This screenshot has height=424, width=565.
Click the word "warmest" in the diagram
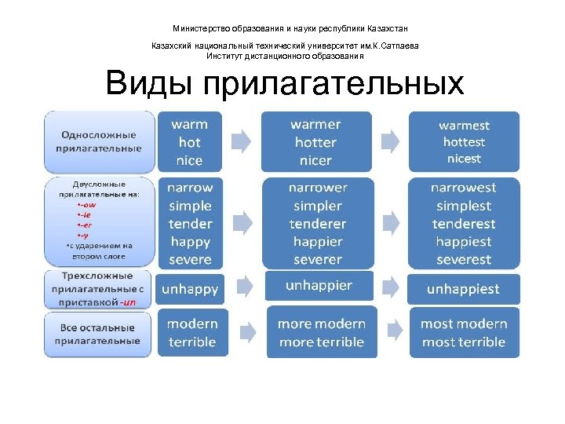tap(464, 126)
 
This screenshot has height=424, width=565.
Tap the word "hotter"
tap(315, 143)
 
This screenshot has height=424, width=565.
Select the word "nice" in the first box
tap(189, 160)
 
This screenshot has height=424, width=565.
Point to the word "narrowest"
tap(464, 188)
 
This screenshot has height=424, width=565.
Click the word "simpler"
tap(318, 207)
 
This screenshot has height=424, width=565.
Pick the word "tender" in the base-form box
tap(191, 224)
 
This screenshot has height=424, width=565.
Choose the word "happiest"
tap(464, 242)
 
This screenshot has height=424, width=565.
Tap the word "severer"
tap(318, 260)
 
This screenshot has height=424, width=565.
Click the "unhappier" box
tap(319, 286)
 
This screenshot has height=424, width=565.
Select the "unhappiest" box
tap(463, 289)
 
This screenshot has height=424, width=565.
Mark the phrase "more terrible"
tap(322, 342)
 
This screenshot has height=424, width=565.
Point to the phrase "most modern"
tap(464, 323)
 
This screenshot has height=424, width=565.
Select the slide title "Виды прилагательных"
tap(285, 83)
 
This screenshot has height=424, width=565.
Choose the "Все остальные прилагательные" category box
tap(98, 334)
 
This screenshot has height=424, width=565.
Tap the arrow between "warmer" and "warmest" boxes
tap(389, 141)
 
